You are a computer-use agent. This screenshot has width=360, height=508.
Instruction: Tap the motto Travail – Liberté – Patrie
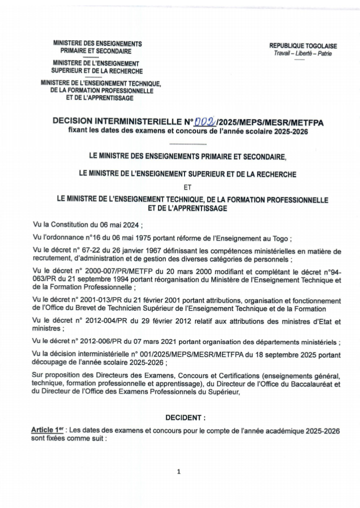coord(299,53)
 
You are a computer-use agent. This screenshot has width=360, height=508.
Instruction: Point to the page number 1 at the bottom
coord(179,471)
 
